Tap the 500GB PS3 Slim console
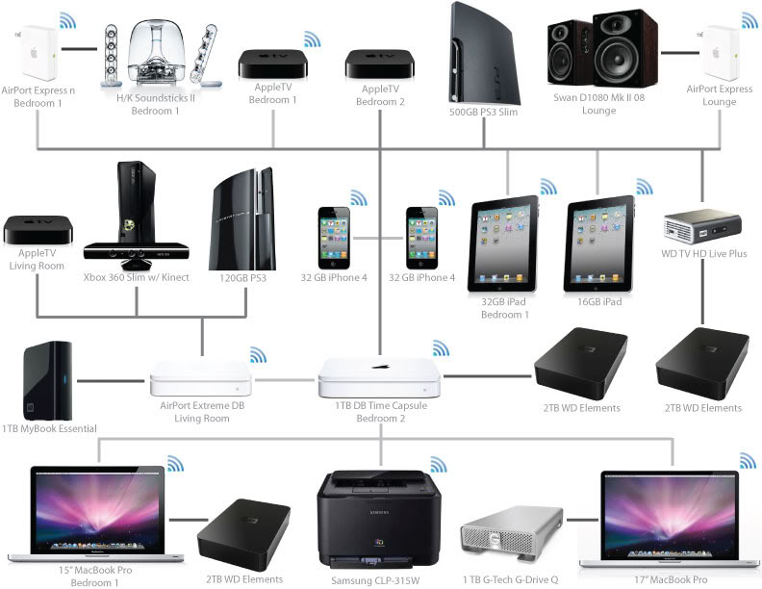(x=485, y=58)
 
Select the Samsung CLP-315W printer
(x=379, y=525)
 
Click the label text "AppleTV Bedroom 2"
(x=379, y=94)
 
